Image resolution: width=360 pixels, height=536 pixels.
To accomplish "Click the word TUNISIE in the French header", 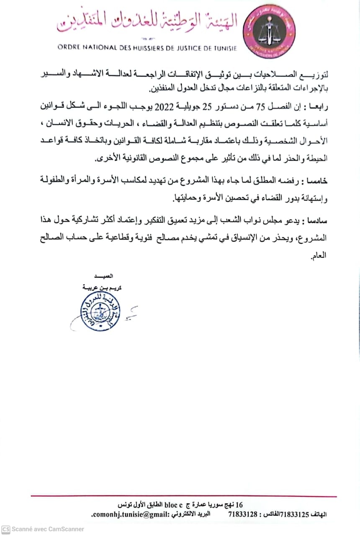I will point(223,48).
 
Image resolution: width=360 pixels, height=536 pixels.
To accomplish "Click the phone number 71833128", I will point(243,514).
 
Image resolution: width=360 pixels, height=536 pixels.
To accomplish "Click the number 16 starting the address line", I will point(240,503).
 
